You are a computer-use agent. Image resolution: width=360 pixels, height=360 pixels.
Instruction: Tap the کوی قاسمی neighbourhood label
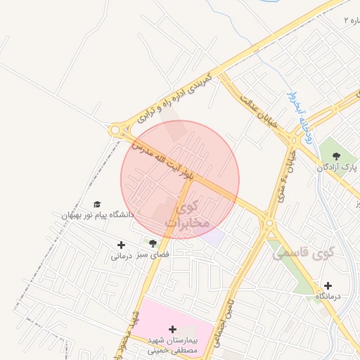(303, 252)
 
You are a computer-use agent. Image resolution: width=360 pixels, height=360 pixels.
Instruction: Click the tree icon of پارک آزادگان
(335, 155)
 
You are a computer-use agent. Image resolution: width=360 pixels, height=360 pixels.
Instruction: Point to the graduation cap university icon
(97, 204)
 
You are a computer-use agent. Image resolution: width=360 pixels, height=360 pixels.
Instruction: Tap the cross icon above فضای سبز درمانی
(122, 245)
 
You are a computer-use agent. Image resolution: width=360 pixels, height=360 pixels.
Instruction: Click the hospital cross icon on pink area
(172, 328)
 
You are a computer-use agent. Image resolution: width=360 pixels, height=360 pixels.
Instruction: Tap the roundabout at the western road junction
(115, 130)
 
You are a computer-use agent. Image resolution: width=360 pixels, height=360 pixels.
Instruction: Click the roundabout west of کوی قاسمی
(269, 224)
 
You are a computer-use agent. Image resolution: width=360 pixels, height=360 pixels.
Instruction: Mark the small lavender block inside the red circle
(213, 236)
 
